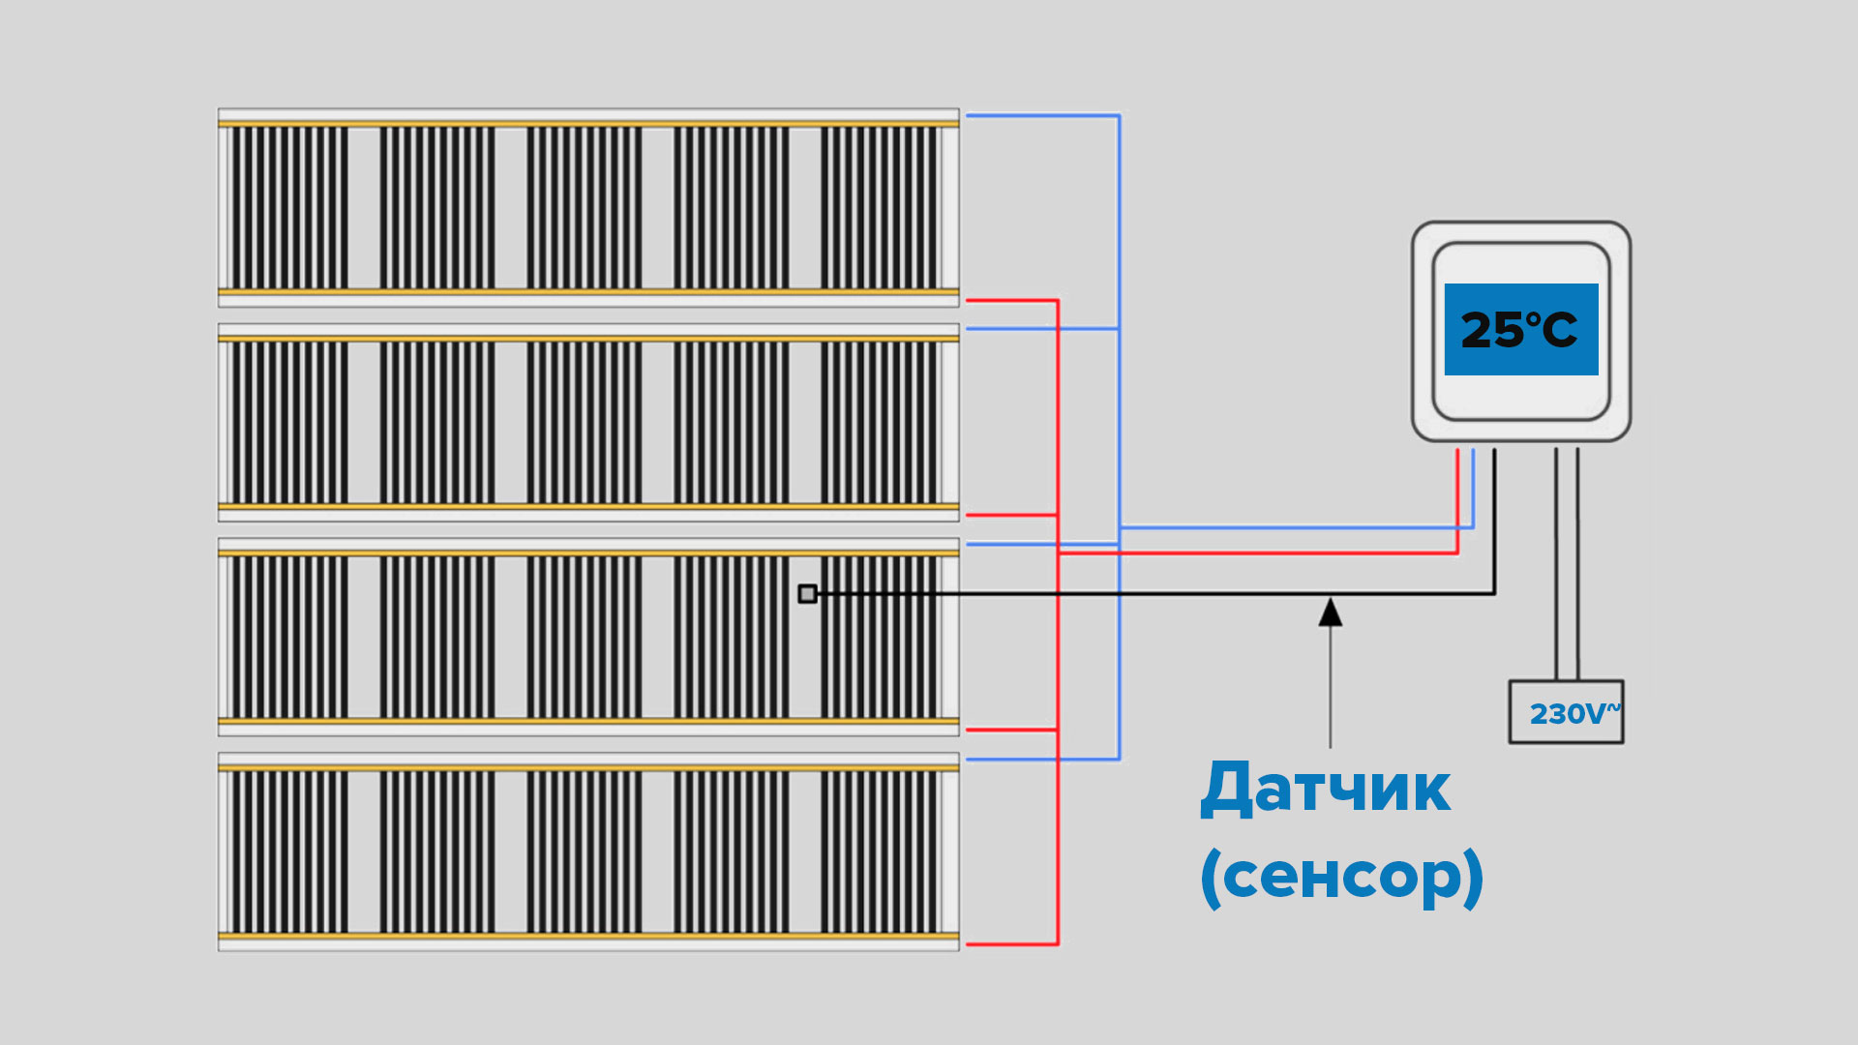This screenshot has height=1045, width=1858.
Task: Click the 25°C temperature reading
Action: pyautogui.click(x=1518, y=330)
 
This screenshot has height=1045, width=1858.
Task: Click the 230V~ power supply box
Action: pyautogui.click(x=1566, y=712)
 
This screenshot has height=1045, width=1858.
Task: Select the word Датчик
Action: pyautogui.click(x=1325, y=789)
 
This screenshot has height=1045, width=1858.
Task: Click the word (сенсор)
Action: pyautogui.click(x=1341, y=876)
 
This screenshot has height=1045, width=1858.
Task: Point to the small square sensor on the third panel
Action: pyautogui.click(x=807, y=593)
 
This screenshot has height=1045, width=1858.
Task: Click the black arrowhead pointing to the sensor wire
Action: pyautogui.click(x=1331, y=612)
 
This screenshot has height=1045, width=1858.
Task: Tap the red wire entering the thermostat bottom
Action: pyautogui.click(x=1457, y=493)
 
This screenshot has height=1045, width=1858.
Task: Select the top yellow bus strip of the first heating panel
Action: pyautogui.click(x=588, y=124)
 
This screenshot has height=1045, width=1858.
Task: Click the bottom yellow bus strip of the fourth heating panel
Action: pyautogui.click(x=588, y=936)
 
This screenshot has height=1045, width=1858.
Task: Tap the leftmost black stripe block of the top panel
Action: pyautogui.click(x=289, y=207)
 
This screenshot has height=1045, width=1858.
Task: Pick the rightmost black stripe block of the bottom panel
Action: pyautogui.click(x=879, y=851)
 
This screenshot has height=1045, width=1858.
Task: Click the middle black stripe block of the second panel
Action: pyautogui.click(x=584, y=422)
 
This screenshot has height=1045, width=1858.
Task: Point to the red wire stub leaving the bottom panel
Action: pyautogui.click(x=1011, y=943)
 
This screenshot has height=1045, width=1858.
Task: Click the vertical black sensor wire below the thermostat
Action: pyautogui.click(x=1494, y=522)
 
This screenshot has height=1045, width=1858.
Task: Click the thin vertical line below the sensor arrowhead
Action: pyautogui.click(x=1331, y=687)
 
